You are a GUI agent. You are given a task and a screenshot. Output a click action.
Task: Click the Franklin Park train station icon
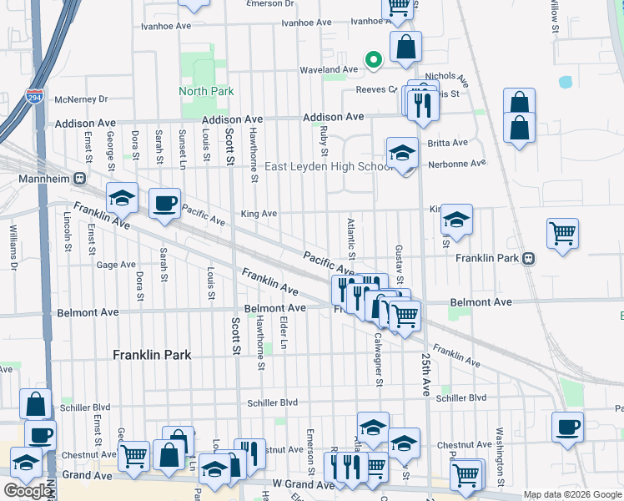pos(529,258)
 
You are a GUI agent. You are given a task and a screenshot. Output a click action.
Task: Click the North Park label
pos(206,91)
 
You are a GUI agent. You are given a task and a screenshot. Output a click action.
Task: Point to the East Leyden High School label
pos(328,166)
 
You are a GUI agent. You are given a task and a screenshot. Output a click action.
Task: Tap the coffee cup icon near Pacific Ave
pos(164,203)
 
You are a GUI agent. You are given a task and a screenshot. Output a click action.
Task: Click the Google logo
pos(28,491)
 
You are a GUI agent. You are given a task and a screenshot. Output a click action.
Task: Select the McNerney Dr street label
pos(81,99)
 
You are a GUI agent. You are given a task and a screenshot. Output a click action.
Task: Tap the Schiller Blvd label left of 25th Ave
pos(272,402)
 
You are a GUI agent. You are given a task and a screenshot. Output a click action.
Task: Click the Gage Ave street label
pos(116,265)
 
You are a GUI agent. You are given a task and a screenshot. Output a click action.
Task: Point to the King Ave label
pos(259,214)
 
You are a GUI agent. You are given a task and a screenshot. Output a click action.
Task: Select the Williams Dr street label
pos(13,248)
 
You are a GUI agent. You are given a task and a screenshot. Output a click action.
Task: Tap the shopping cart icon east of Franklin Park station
pos(562,233)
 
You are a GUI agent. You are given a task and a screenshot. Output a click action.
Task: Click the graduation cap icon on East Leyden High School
pos(402,153)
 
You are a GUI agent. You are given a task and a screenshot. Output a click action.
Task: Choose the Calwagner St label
pos(379,361)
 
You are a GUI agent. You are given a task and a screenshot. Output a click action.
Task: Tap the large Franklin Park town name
pos(152,355)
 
